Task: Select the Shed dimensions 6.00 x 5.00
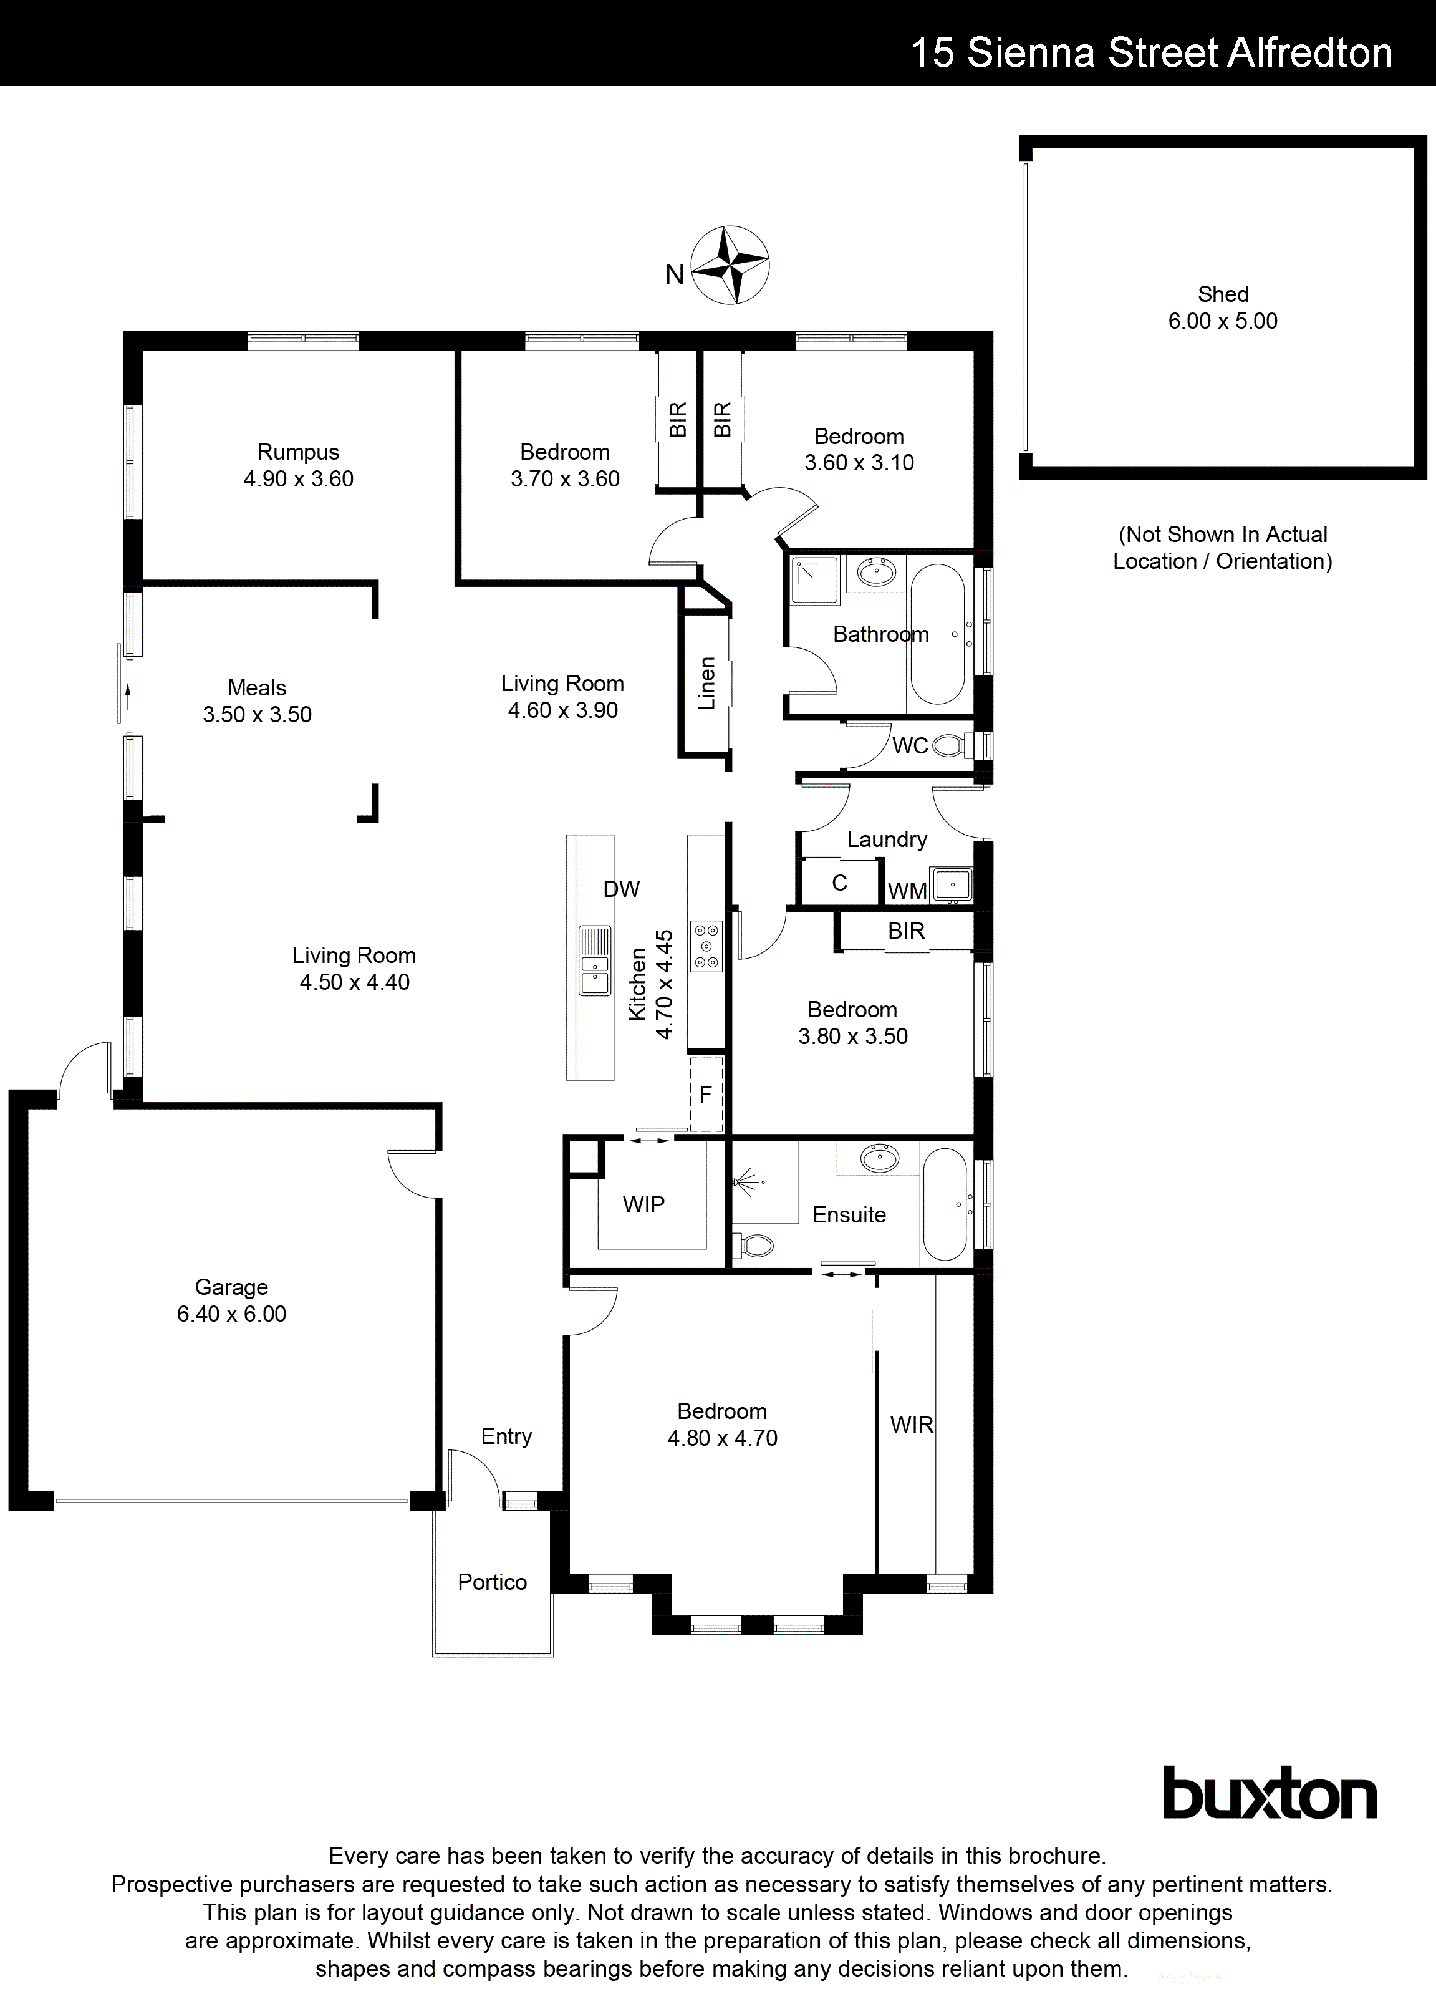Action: point(1222,321)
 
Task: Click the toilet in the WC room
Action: point(948,747)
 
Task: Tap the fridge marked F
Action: point(706,1095)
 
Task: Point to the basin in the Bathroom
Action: point(876,574)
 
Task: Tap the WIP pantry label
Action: point(643,1205)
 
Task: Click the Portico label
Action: point(492,1582)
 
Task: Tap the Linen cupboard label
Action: point(706,683)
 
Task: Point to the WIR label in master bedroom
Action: point(912,1425)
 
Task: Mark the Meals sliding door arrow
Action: point(128,697)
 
